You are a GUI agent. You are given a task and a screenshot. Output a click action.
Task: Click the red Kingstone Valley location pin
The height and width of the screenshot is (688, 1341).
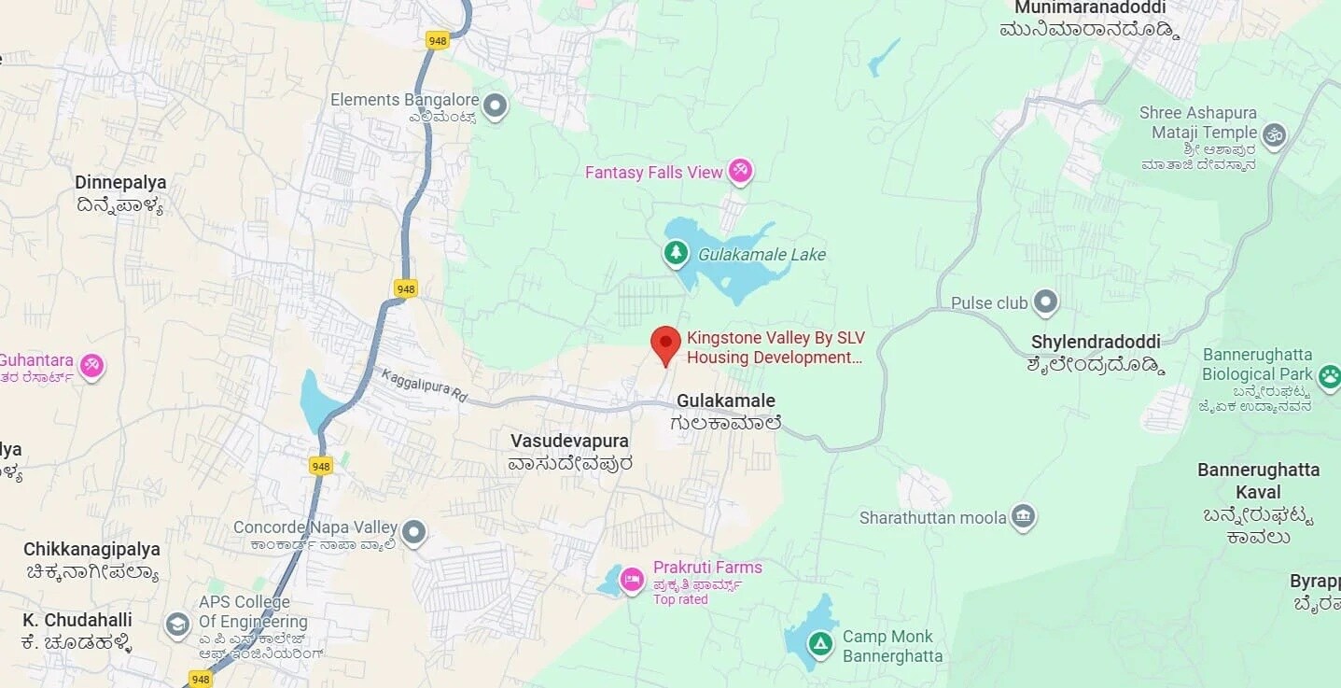coord(665,344)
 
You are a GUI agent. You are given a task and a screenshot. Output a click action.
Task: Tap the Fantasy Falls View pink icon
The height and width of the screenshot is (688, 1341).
coord(741,170)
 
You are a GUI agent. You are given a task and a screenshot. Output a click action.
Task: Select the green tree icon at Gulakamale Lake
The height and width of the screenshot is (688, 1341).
coord(676,252)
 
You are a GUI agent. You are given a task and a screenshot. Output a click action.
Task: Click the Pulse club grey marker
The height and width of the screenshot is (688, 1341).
coord(1046,302)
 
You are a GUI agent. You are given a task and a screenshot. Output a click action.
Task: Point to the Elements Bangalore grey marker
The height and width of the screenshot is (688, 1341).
coord(496,105)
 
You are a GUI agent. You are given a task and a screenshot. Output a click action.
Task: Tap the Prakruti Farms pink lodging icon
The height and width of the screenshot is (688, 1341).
coord(632,580)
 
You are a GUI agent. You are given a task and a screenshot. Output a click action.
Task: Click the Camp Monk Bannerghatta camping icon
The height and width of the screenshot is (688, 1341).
coord(819,643)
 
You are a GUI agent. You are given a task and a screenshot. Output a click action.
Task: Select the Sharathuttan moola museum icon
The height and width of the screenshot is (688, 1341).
coord(1024,516)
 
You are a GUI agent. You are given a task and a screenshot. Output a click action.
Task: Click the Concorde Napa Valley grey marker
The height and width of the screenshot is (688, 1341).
coord(413,533)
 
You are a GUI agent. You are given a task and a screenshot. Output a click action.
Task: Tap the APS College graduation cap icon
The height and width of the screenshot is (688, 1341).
coord(177,625)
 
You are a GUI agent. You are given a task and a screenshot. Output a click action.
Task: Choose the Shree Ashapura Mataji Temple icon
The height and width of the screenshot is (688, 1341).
coord(1274,135)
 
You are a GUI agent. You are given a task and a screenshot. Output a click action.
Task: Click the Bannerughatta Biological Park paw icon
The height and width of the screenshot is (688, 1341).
coord(1328,376)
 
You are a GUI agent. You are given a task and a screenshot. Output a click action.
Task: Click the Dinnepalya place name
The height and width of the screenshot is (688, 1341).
coord(120,182)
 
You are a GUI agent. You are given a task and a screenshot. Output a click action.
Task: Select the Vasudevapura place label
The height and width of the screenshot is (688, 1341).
coord(569,441)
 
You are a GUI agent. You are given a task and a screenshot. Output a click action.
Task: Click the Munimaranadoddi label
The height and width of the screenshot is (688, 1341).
coord(1090,8)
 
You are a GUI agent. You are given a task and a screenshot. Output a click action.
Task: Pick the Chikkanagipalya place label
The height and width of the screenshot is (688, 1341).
coord(91,550)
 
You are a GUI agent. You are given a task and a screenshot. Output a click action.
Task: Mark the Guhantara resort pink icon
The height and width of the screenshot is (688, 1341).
coord(91,365)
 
